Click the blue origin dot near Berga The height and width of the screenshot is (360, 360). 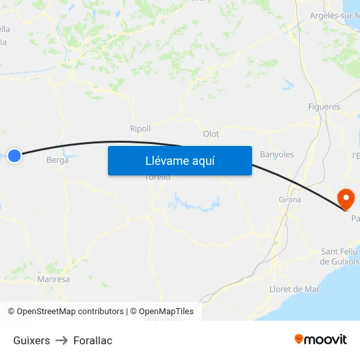click(x=14, y=155)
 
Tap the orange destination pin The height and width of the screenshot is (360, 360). click(x=345, y=198)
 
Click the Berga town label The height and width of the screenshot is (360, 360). click(x=58, y=160)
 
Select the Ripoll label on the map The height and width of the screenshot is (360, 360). click(x=140, y=129)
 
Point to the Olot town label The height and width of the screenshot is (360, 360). click(x=211, y=134)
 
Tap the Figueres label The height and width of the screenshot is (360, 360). click(x=324, y=107)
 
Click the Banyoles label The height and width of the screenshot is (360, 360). click(x=277, y=154)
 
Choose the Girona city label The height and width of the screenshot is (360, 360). click(x=290, y=200)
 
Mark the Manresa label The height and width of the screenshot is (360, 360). click(x=54, y=279)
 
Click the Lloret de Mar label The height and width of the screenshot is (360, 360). click(x=295, y=289)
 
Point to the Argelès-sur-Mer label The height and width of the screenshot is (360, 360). click(x=334, y=15)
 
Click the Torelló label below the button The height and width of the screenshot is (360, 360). click(x=158, y=177)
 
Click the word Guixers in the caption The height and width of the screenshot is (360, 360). click(x=31, y=340)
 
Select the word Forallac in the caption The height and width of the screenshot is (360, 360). click(x=93, y=340)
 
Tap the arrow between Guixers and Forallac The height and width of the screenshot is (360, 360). click(x=62, y=340)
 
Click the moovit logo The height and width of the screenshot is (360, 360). click(x=321, y=339)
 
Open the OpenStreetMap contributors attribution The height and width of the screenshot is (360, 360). click(x=65, y=312)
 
